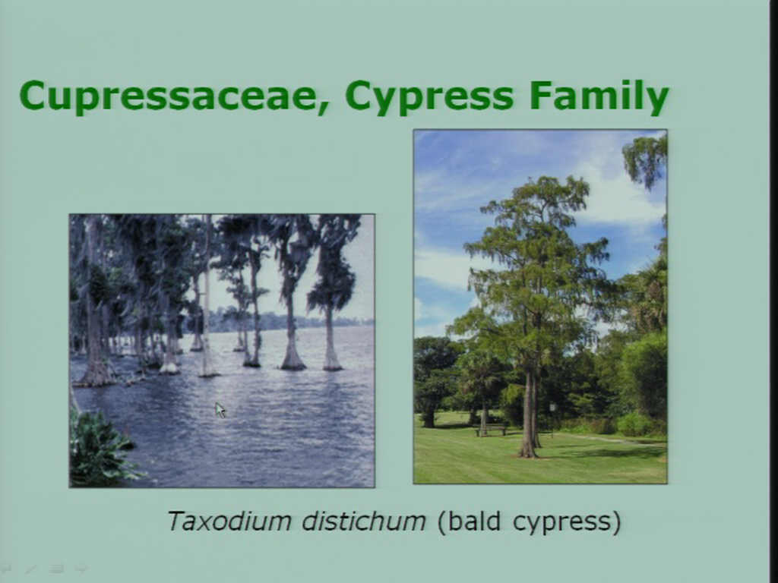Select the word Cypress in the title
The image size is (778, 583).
429,97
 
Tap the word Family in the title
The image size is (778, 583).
599,97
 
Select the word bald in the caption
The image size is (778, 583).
473,521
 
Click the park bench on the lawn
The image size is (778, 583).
491,430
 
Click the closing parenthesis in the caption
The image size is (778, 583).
616,522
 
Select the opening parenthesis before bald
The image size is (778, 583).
441,522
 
